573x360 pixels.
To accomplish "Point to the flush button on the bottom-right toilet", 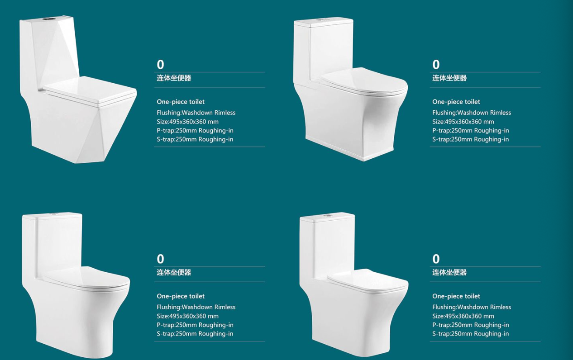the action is (327, 215).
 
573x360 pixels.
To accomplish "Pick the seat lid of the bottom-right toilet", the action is (368, 281).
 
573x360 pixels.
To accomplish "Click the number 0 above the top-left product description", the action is (160, 64).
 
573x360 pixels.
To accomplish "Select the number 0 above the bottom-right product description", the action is (436, 259).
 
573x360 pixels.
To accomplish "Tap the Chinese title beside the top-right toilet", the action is (449, 78).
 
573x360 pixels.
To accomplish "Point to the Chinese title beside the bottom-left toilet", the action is (174, 272).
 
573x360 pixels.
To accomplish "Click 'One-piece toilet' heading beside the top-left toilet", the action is (181, 102).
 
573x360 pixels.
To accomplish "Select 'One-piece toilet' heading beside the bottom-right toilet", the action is (456, 296).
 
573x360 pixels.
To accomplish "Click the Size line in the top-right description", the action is (463, 122).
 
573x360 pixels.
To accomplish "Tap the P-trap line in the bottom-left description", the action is (195, 325).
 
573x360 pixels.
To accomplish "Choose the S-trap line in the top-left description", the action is (195, 139).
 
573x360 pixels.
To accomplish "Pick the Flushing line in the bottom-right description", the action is (472, 307).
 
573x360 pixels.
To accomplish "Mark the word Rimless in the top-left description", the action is (225, 113).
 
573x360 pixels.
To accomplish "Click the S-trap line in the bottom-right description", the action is (470, 334).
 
